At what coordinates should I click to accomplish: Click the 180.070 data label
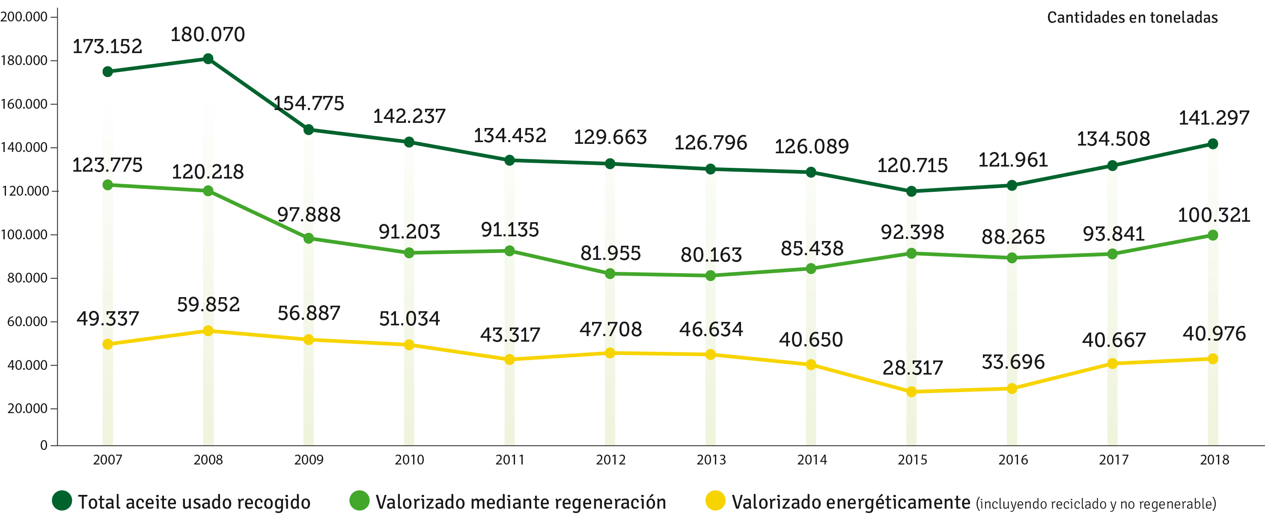(208, 35)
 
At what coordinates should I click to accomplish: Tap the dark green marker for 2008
(208, 59)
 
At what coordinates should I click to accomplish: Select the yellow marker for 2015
(911, 392)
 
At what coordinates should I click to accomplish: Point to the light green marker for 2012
(610, 274)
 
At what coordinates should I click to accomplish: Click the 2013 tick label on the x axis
(711, 460)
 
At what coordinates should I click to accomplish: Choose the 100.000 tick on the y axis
(24, 235)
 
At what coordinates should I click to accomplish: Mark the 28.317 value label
(912, 368)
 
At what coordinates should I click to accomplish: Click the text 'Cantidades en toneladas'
(1132, 18)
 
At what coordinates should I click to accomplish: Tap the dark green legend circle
(62, 500)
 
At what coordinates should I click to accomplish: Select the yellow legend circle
(715, 500)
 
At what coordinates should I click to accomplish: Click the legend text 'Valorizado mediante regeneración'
(521, 502)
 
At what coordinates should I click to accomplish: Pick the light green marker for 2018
(1212, 235)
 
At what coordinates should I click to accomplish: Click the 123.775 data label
(107, 165)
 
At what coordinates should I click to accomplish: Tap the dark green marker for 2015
(911, 191)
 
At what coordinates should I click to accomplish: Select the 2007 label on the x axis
(107, 460)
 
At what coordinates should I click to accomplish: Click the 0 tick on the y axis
(44, 446)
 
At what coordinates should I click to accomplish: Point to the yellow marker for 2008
(208, 331)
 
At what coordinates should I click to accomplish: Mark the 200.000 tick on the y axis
(24, 17)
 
